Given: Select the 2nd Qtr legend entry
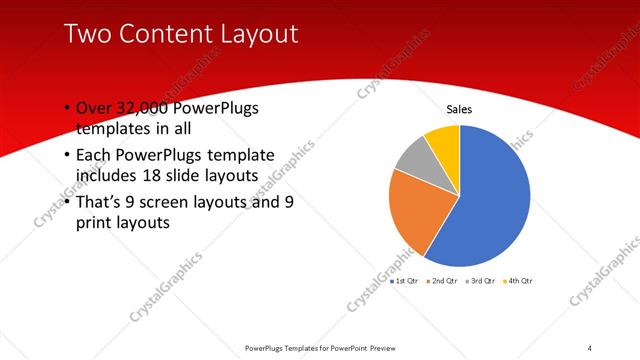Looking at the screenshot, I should (442, 281).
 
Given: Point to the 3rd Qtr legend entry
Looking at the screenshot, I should (480, 281).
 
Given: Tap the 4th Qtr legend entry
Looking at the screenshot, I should (518, 281).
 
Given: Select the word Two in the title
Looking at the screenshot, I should (87, 34).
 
